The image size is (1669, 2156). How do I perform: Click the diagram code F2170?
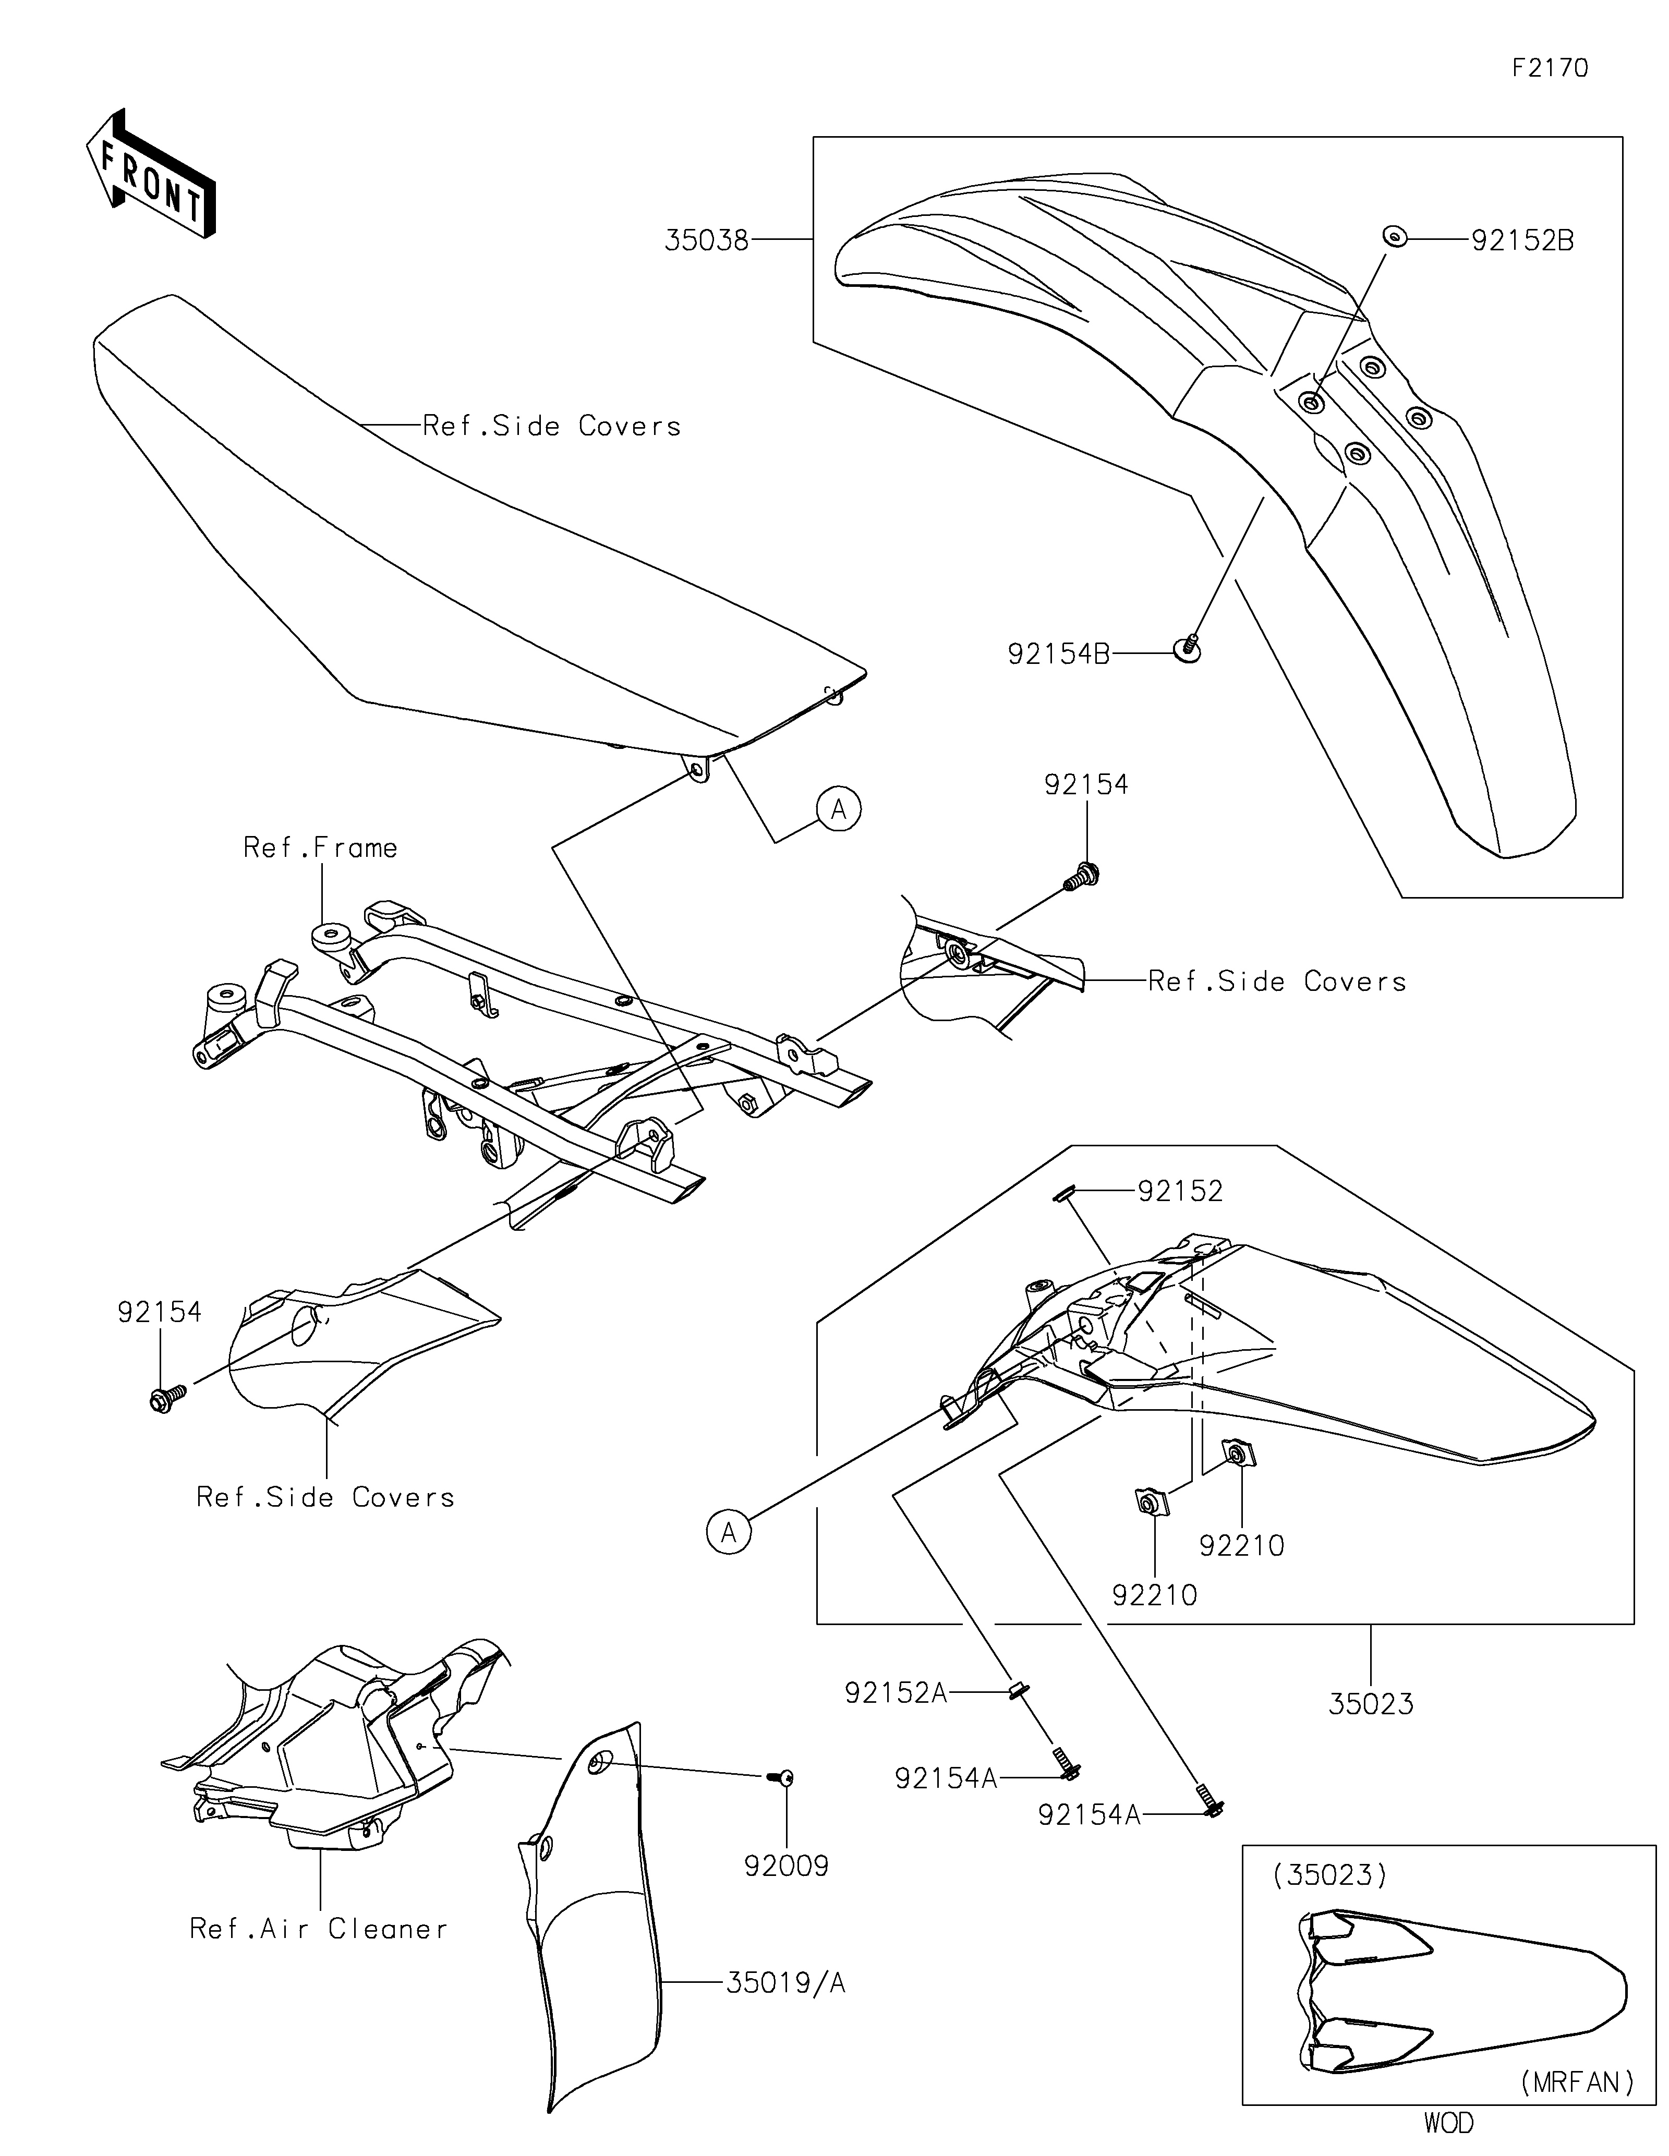[x=1550, y=68]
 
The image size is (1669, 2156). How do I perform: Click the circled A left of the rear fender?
[x=729, y=1532]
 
